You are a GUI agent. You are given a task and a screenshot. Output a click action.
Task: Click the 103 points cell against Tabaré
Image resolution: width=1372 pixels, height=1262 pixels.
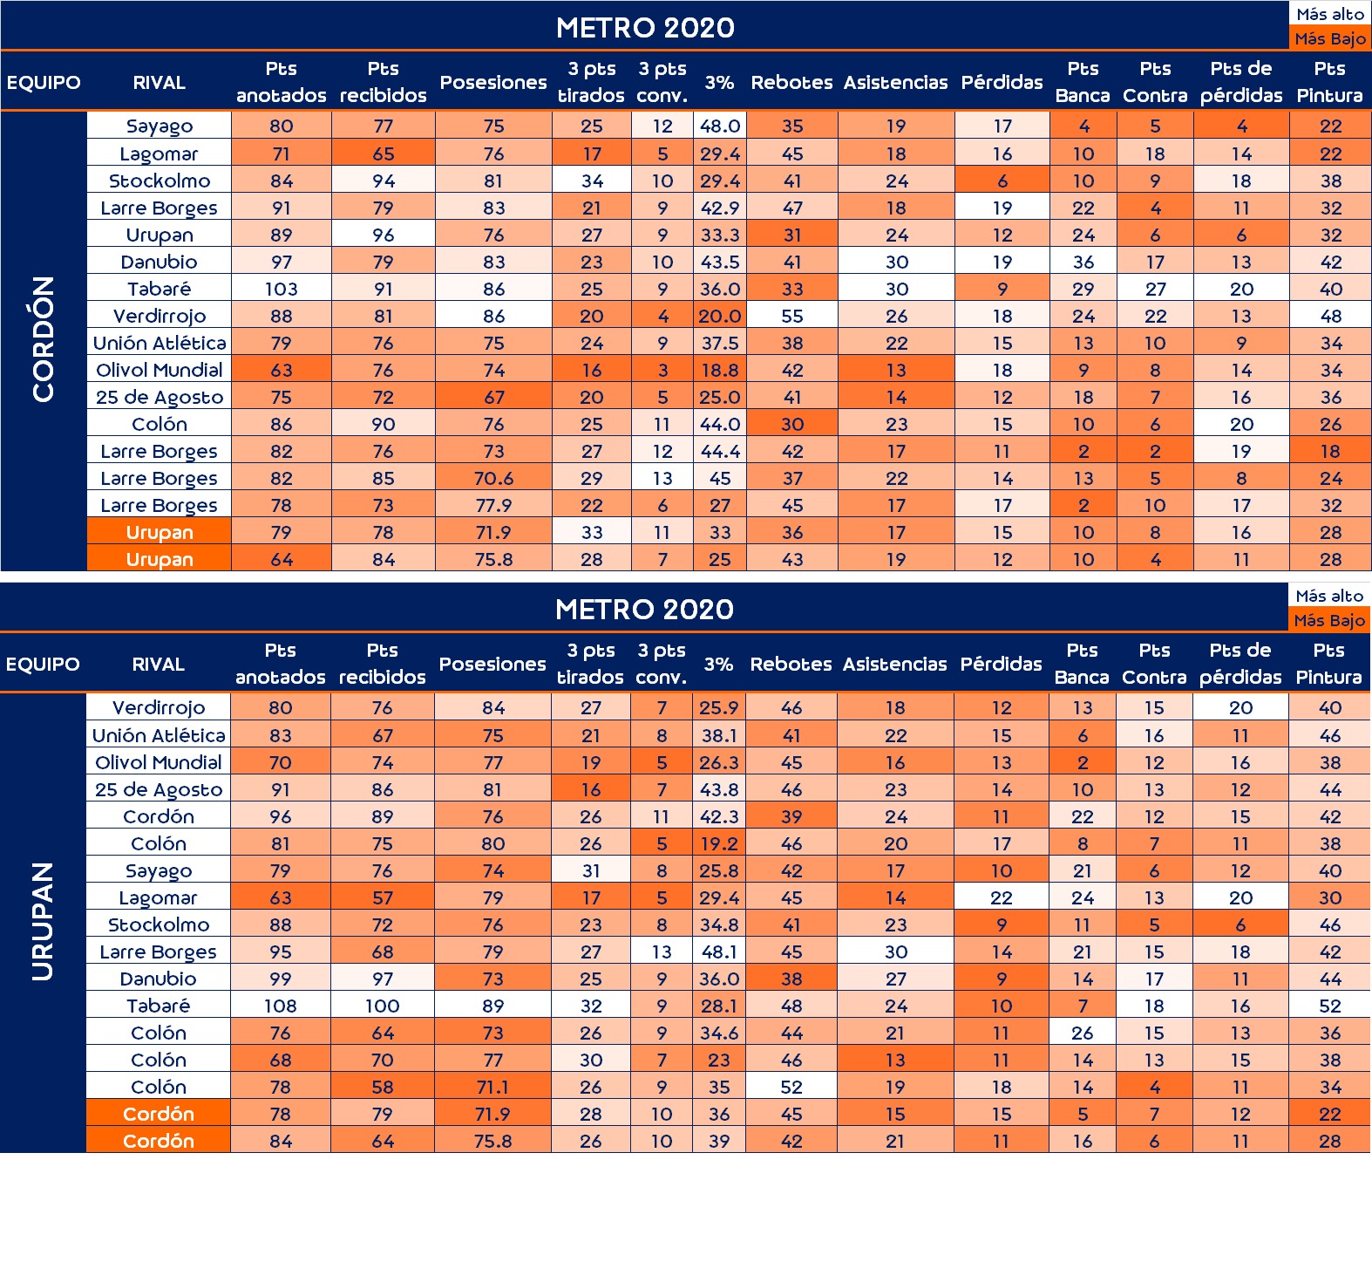point(281,289)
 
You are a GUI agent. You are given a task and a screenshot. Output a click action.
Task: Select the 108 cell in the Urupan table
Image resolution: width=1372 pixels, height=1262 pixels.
point(280,1006)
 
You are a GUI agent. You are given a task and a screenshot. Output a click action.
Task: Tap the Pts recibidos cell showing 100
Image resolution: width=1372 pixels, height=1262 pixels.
point(382,1006)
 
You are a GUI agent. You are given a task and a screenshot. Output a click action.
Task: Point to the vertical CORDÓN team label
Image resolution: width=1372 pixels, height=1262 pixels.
point(44,339)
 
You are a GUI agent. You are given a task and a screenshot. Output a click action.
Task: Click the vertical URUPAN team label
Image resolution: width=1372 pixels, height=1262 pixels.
point(43,922)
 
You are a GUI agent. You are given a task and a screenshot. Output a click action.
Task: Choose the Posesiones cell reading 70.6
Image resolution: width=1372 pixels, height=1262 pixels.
point(493,478)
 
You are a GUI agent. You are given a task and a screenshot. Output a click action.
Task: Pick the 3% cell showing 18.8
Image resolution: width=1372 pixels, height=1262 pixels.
point(720,370)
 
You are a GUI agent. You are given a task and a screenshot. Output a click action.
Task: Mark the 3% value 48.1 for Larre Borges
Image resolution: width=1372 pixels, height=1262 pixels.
point(719,952)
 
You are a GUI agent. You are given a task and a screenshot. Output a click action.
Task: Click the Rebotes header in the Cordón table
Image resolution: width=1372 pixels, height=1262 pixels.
point(791,82)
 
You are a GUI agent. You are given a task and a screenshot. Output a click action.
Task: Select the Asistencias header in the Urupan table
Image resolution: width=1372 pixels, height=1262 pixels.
point(894,664)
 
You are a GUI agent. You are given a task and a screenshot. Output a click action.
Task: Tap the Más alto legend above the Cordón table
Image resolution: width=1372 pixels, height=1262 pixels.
point(1330,14)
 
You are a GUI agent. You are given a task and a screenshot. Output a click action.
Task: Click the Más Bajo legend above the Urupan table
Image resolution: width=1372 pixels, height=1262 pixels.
point(1329,620)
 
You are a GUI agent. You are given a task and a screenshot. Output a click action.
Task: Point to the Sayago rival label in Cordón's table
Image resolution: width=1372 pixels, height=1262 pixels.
point(160,126)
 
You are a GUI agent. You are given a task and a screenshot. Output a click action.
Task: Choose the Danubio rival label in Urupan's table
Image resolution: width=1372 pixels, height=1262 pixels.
point(159,979)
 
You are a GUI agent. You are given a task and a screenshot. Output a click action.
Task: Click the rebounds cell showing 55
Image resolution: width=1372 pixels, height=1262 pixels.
point(791,316)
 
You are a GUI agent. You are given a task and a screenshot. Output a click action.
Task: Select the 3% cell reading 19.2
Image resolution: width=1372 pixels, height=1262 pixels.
point(719,843)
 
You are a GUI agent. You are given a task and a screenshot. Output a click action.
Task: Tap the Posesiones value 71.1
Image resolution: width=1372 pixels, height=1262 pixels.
point(492,1087)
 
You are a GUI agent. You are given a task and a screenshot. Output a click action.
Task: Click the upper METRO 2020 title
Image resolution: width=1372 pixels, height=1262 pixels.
point(645,27)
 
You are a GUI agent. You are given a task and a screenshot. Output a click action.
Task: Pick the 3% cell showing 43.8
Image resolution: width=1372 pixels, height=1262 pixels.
point(719,789)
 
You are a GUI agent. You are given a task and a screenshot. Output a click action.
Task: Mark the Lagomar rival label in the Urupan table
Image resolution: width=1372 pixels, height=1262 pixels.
point(159,897)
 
